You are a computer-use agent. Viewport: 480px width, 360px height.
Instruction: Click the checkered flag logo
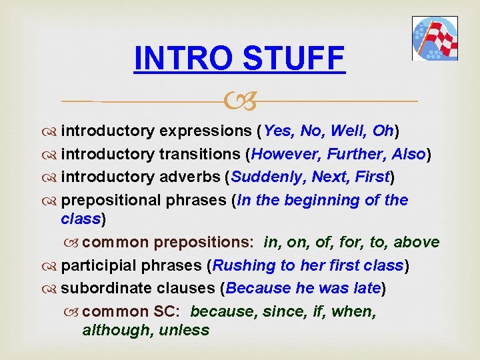click(x=435, y=39)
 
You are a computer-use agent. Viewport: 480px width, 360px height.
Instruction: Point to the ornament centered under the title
click(x=239, y=102)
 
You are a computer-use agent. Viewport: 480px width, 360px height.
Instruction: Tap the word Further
click(x=355, y=154)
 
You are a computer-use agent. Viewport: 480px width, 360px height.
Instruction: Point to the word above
click(x=416, y=242)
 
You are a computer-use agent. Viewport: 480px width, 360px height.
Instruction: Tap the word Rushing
click(x=244, y=265)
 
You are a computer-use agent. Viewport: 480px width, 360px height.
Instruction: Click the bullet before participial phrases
click(x=52, y=266)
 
